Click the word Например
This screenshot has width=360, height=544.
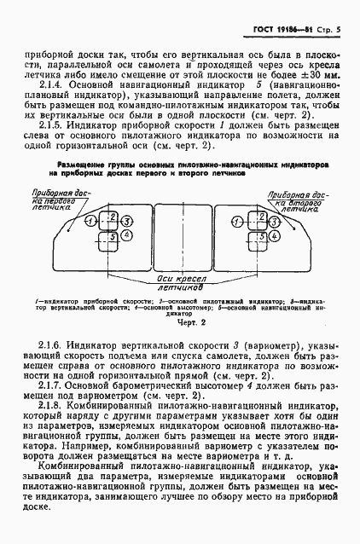point(92,455)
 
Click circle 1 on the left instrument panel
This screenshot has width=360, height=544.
point(90,221)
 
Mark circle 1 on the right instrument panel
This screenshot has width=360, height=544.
point(236,220)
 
